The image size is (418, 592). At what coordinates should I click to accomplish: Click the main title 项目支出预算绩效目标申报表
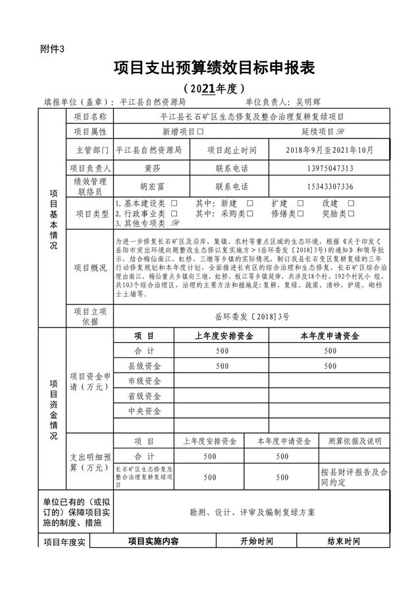point(215,67)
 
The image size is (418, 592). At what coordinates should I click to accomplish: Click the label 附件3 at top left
point(53,49)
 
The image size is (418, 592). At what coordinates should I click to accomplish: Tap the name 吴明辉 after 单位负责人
point(308,103)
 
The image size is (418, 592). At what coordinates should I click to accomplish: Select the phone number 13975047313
point(330,168)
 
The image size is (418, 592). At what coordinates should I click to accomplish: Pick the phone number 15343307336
point(330,187)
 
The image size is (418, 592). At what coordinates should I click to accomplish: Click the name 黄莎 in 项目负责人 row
point(153,168)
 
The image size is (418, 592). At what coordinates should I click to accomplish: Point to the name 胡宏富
point(153,187)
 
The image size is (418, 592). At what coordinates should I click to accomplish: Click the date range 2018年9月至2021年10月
point(330,150)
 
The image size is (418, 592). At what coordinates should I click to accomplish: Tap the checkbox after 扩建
point(300,204)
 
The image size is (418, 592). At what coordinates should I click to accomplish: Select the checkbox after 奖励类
point(351,214)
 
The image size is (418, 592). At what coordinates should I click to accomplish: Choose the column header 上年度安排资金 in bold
point(224,336)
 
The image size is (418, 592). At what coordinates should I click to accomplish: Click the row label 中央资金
point(144,411)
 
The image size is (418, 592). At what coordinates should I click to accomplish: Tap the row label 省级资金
point(144,396)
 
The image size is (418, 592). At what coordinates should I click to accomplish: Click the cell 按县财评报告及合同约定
point(354,477)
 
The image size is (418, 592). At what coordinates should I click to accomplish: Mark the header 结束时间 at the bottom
point(344,541)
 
